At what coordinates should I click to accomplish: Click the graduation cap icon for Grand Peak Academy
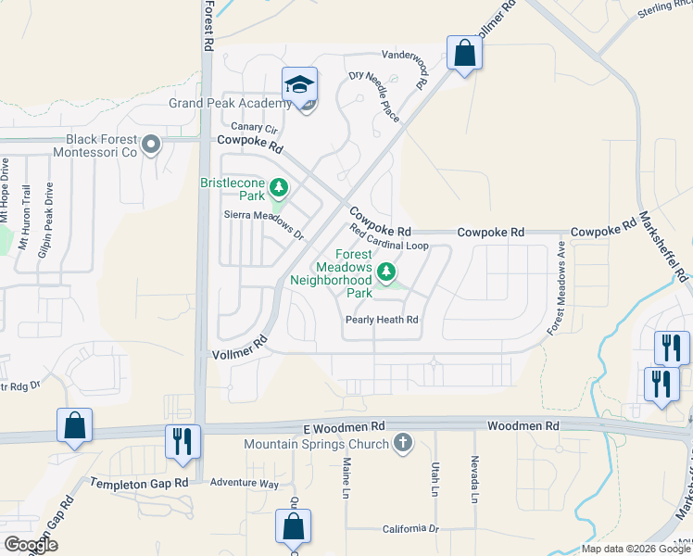tap(299, 85)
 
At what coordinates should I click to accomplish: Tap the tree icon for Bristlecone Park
tap(278, 190)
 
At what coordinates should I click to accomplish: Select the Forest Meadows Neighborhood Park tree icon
tap(386, 272)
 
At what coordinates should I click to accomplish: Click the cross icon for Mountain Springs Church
tap(402, 443)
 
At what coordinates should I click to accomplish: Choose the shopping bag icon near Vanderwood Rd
tap(464, 53)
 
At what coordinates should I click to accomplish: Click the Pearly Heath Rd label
tap(382, 320)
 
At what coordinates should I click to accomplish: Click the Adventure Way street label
tap(244, 484)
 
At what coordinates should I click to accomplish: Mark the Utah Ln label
tap(434, 479)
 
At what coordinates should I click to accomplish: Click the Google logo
tap(31, 545)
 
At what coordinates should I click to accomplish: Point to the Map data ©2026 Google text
tap(635, 549)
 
